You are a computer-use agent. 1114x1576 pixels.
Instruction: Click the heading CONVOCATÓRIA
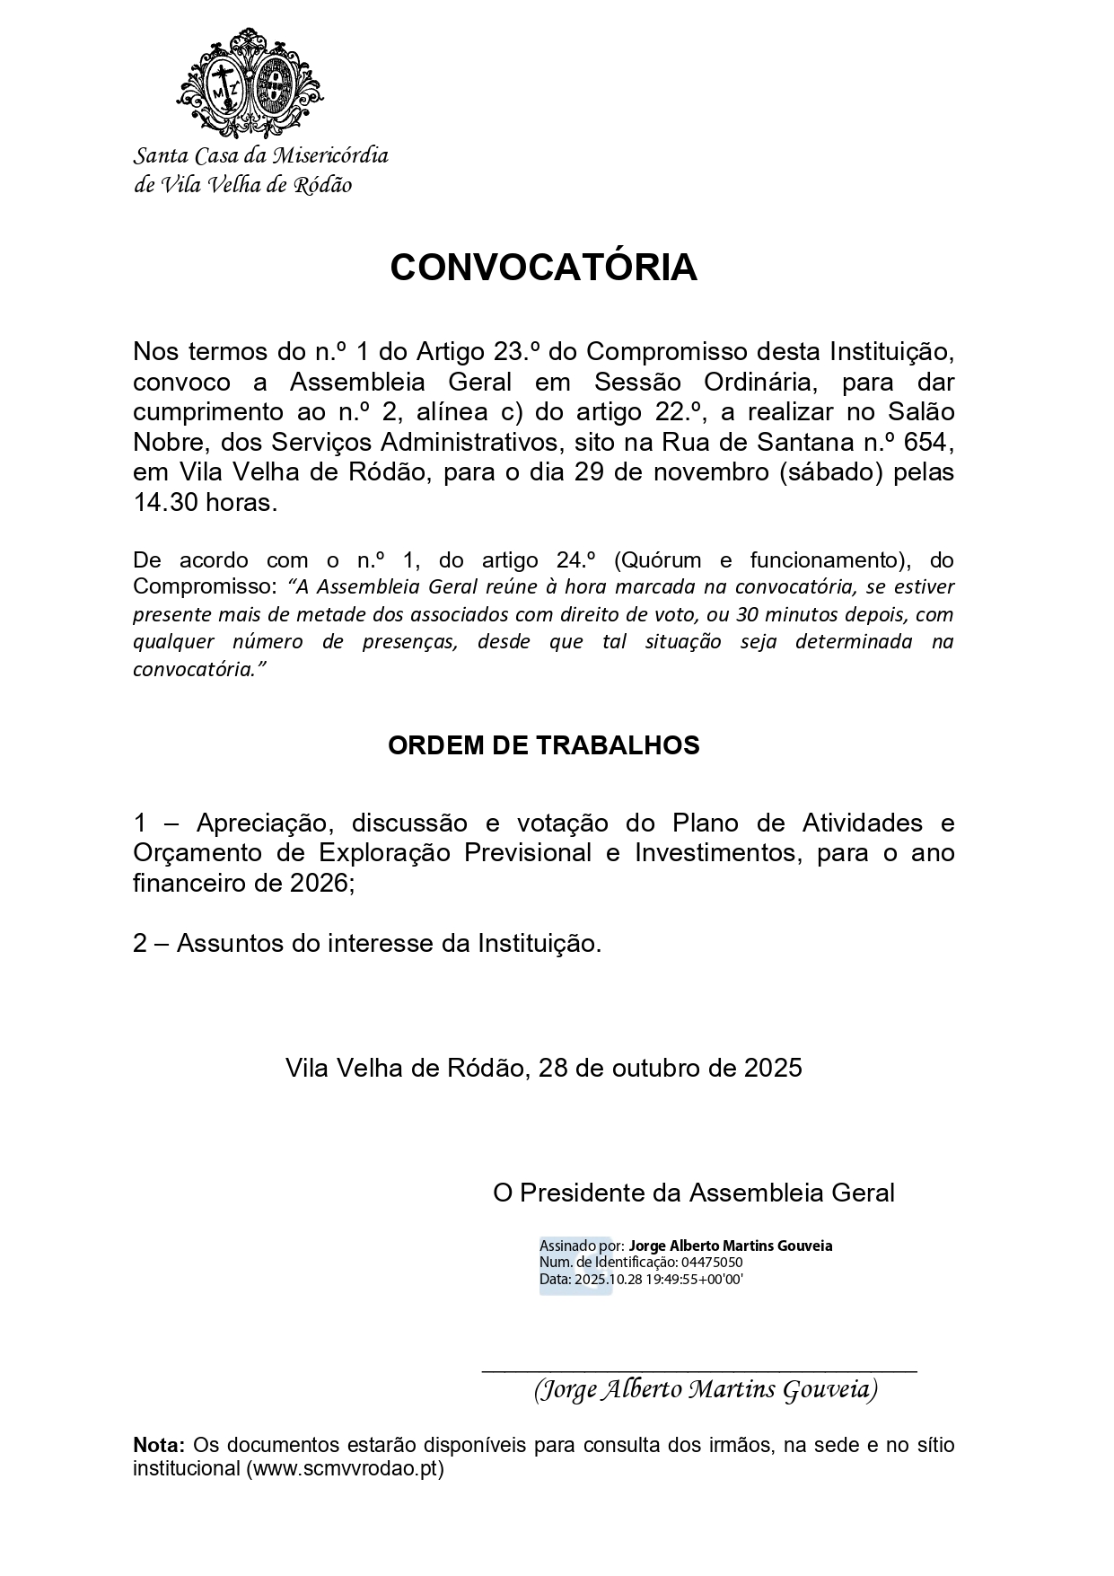click(x=543, y=268)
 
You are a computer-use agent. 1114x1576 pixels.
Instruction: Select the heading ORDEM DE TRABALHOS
click(x=543, y=745)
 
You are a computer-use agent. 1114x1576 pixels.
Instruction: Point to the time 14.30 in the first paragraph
click(x=165, y=502)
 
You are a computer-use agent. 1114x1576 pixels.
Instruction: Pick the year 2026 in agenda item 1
click(x=320, y=883)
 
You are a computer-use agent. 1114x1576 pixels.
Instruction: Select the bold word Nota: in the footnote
click(x=159, y=1445)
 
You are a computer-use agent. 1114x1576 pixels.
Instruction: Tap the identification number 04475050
click(x=712, y=1262)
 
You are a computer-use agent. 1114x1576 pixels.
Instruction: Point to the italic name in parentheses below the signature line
click(x=706, y=1389)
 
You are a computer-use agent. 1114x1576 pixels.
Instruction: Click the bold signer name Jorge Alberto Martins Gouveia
click(x=731, y=1246)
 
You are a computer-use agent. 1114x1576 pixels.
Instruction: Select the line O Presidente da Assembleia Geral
click(x=694, y=1193)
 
